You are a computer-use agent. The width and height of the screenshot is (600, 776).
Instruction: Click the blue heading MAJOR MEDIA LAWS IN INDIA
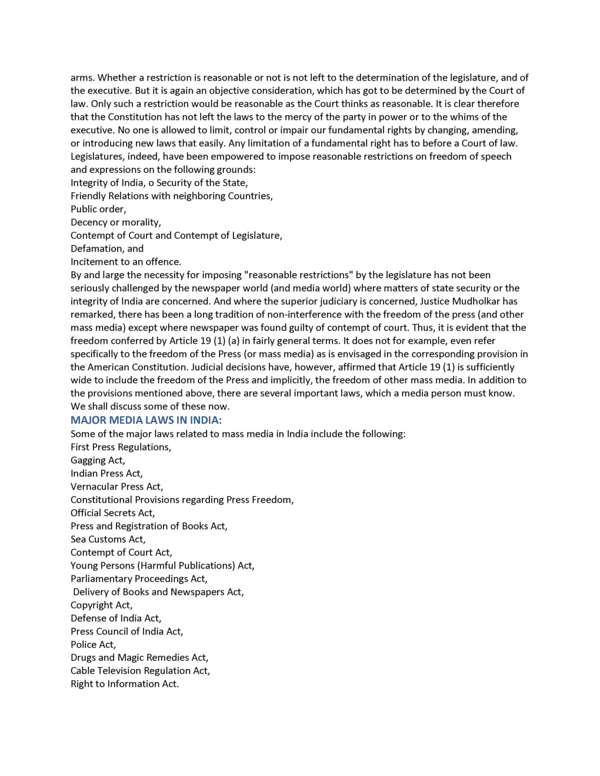pos(146,420)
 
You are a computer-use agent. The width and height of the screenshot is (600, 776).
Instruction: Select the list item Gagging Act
pos(98,460)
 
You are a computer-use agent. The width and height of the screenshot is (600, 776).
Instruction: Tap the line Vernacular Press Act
pos(116,487)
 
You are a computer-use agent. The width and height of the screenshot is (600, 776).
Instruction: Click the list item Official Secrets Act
pos(112,513)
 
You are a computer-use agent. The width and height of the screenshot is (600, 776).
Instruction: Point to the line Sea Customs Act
pos(108,539)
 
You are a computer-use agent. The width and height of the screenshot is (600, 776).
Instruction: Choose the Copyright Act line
pos(101,605)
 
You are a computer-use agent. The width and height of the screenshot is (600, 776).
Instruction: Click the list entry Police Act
pos(93,644)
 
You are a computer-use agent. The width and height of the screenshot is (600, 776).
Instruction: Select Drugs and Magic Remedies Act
pos(139,657)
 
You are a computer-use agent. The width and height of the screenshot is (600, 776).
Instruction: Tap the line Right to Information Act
pos(125,684)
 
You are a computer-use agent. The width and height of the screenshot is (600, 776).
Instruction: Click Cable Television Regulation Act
pos(140,671)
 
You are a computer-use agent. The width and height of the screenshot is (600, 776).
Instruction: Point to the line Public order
pos(98,209)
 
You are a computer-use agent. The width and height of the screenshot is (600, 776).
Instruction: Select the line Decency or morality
pos(116,222)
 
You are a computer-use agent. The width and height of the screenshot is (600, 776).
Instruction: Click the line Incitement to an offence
pos(126,262)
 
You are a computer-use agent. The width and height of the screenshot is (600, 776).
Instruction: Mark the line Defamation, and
pos(107,249)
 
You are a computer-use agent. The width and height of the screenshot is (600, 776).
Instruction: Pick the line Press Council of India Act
pos(126,631)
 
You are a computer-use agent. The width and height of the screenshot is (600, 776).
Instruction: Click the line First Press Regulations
pos(121,447)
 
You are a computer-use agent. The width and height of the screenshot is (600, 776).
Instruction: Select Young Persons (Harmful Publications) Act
pos(162,566)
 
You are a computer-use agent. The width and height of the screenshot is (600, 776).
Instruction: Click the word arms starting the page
pos(82,78)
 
